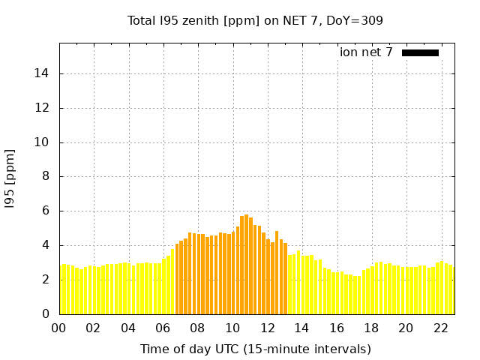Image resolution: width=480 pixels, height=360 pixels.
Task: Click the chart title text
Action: (x=255, y=20)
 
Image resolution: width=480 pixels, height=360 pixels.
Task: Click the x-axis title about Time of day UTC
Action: (x=255, y=349)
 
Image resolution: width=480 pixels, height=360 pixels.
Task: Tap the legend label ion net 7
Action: (x=366, y=52)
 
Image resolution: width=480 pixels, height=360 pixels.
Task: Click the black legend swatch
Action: (x=420, y=52)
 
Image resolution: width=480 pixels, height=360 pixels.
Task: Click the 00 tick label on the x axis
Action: (x=58, y=328)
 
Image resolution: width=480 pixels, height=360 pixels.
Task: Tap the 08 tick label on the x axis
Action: (x=197, y=328)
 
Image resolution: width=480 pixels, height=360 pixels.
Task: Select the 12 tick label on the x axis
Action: (x=266, y=328)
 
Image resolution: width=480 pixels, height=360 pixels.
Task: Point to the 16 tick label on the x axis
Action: (x=336, y=328)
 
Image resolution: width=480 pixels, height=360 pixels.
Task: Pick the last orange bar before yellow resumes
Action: (x=285, y=278)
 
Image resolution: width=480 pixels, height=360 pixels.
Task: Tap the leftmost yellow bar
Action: (x=61, y=289)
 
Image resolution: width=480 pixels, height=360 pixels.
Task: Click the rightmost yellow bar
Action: (x=451, y=289)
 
